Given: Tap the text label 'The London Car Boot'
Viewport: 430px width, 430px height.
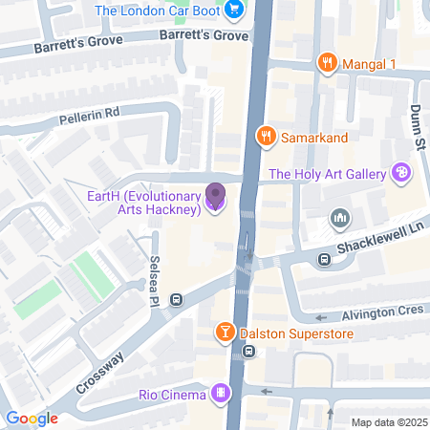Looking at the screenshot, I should (x=161, y=11).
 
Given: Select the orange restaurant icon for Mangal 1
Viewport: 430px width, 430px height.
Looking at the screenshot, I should (x=327, y=64).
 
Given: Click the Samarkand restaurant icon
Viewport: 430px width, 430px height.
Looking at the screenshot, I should (x=267, y=138).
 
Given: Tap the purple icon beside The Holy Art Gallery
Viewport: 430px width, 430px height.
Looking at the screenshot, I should (x=401, y=173).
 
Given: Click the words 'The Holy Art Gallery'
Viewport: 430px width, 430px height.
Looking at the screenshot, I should (x=328, y=174).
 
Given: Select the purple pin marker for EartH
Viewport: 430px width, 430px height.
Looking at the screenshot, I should (x=215, y=198).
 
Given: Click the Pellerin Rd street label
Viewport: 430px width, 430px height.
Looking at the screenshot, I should (x=86, y=112).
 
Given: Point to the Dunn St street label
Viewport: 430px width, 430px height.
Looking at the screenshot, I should (x=419, y=127).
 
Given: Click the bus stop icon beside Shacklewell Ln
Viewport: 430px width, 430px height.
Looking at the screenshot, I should (x=324, y=258).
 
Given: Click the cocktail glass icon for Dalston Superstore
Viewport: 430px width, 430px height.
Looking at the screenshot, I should (x=223, y=333).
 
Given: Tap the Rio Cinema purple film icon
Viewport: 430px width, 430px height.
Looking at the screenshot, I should (x=221, y=394).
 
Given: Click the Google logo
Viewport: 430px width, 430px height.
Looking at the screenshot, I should (x=32, y=418).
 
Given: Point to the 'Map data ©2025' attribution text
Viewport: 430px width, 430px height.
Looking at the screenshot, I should (x=386, y=422).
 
